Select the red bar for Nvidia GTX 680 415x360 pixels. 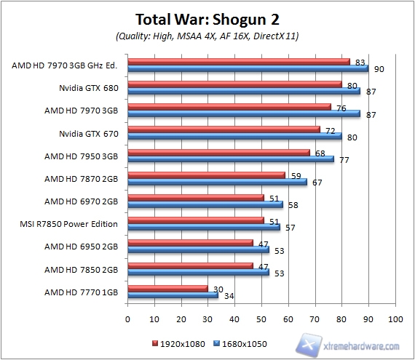234,84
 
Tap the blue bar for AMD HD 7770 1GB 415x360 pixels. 173,295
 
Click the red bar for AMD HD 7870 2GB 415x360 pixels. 206,175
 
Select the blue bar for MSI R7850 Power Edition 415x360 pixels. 204,228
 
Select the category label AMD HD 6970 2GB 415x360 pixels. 81,201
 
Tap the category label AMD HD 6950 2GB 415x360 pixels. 81,246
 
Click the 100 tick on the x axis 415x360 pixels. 395,318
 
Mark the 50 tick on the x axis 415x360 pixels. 261,318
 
